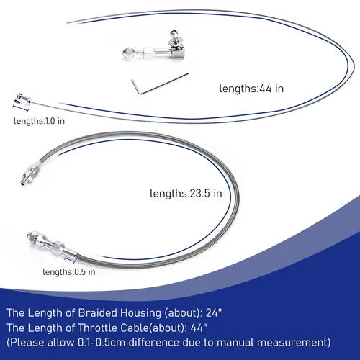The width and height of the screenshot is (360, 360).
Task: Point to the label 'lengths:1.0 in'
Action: (38, 121)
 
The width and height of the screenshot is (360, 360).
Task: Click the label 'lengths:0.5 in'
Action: (68, 271)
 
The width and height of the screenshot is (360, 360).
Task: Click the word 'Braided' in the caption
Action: (106, 313)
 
